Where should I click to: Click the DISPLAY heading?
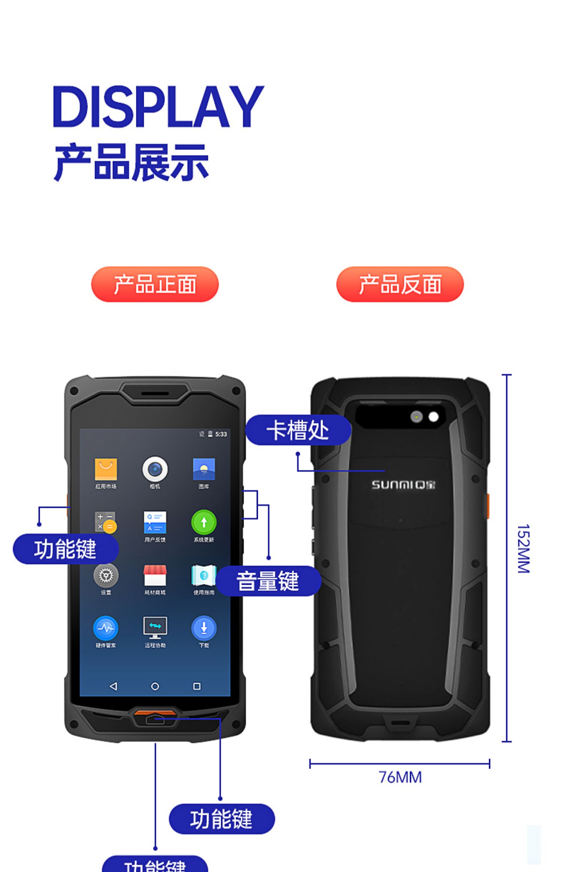[x=158, y=107]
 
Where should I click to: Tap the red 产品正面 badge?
[x=155, y=284]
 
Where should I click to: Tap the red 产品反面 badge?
[x=400, y=284]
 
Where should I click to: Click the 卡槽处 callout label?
[x=298, y=430]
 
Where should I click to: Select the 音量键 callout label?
[x=268, y=581]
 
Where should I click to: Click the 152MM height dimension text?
[x=523, y=549]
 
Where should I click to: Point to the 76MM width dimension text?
[x=400, y=777]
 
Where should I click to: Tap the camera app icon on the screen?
[x=155, y=469]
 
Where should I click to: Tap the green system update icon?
[x=204, y=522]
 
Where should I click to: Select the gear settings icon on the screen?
[x=106, y=575]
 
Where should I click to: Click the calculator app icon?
[x=105, y=522]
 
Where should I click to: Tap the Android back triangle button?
[x=113, y=686]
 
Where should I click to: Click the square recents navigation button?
[x=197, y=686]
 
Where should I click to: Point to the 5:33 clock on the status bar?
[x=221, y=434]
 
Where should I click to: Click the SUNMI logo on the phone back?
[x=403, y=484]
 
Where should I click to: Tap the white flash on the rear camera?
[x=434, y=417]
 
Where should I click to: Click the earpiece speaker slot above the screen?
[x=155, y=393]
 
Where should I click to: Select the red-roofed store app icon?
[x=155, y=575]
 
